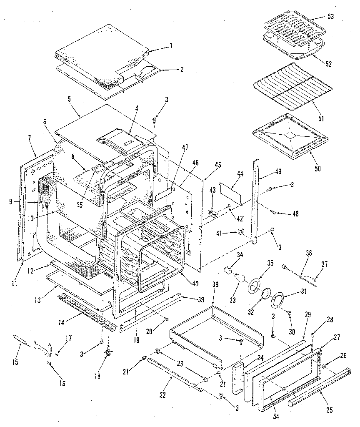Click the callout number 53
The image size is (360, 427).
[331, 16]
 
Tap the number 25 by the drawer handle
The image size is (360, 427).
[330, 410]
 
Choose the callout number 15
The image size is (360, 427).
[15, 362]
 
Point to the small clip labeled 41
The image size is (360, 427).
[240, 232]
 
